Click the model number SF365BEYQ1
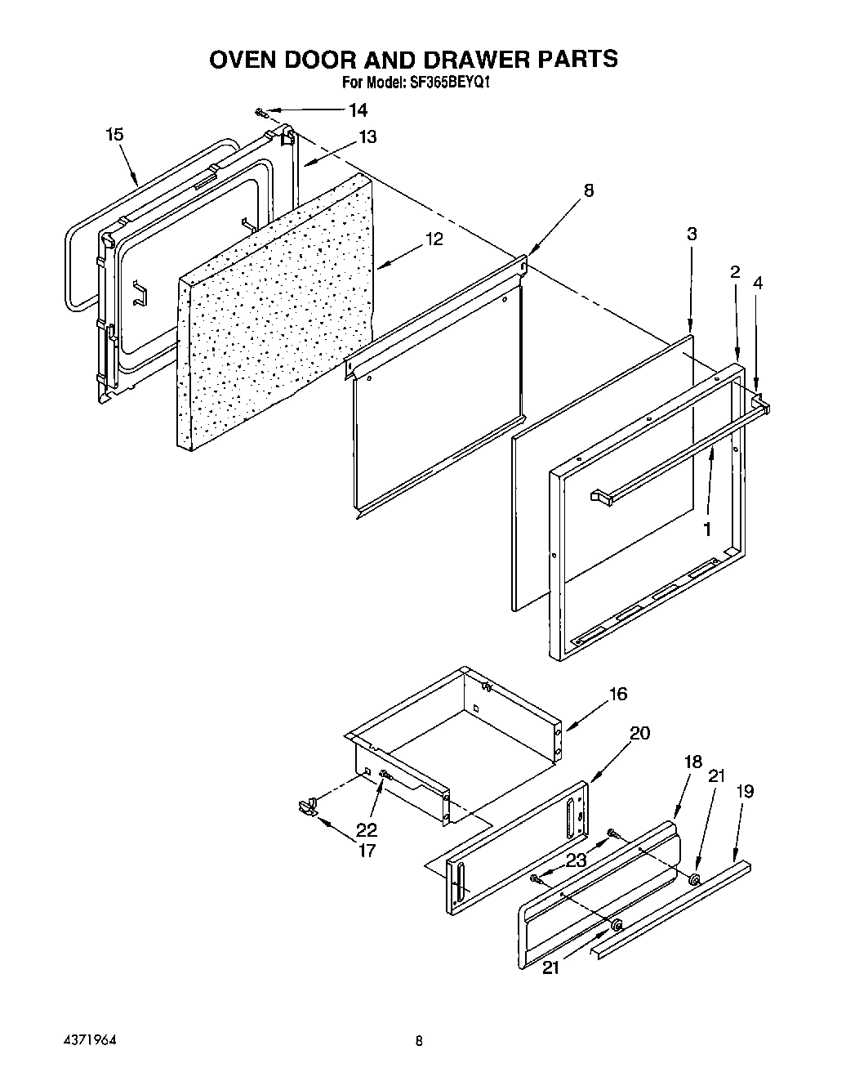tap(450, 83)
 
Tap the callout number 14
tap(358, 110)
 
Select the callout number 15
tap(115, 134)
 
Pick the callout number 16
tap(617, 694)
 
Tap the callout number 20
tap(639, 733)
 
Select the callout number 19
tap(744, 791)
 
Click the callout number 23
tap(577, 860)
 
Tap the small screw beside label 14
tap(260, 111)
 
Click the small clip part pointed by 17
tap(308, 807)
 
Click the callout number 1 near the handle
tap(706, 529)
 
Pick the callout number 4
tap(758, 283)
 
